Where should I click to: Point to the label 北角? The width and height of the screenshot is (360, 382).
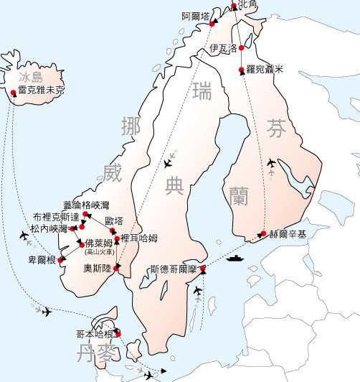[247, 5]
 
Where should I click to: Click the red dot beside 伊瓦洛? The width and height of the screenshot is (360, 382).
[242, 48]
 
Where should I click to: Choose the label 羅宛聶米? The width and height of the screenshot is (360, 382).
[265, 70]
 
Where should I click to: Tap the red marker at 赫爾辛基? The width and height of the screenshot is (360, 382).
[263, 234]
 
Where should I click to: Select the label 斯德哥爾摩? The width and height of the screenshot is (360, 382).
[173, 271]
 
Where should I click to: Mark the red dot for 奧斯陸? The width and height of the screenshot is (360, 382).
[117, 268]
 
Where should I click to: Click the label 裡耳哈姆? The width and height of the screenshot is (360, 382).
[139, 238]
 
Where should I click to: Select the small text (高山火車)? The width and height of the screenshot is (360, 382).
[98, 251]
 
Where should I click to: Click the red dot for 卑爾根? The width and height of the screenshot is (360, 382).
[62, 259]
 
